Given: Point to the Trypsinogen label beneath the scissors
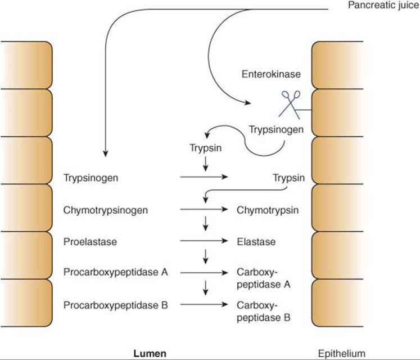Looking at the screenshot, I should point(276,130).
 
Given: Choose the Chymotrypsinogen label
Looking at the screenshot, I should point(106,210).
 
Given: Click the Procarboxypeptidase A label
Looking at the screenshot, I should point(116,273).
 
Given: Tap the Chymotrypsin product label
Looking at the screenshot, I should point(267,210).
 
